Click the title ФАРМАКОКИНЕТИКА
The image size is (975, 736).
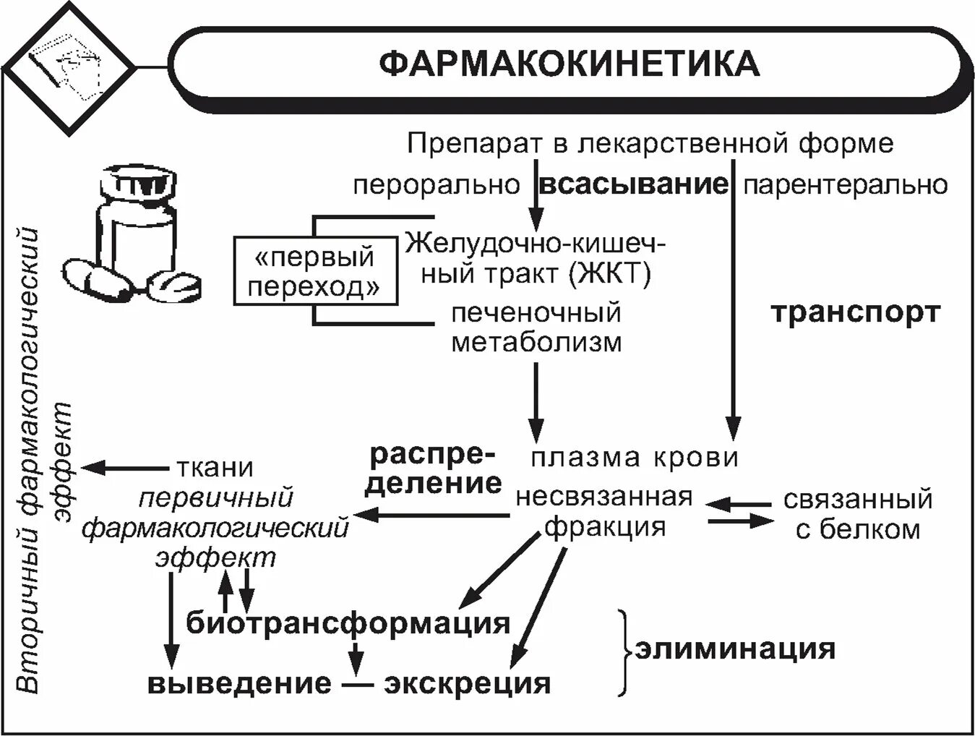(x=569, y=63)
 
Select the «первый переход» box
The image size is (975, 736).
(x=316, y=272)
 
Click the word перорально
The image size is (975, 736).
(x=436, y=186)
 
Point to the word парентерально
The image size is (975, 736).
(x=845, y=185)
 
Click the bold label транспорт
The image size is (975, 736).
(x=855, y=313)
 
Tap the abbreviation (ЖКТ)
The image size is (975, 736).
(x=609, y=274)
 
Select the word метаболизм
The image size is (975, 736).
(x=536, y=341)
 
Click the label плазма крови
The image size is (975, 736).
(x=635, y=457)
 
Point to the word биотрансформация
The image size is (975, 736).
(x=348, y=622)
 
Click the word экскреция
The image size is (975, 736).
(x=467, y=683)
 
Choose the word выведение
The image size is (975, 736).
(x=240, y=683)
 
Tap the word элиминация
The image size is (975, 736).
(x=734, y=648)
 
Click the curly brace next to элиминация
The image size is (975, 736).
(x=624, y=651)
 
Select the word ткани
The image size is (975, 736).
(x=215, y=468)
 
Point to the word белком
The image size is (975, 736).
(x=858, y=530)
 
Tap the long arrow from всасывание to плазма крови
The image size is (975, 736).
(x=734, y=304)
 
